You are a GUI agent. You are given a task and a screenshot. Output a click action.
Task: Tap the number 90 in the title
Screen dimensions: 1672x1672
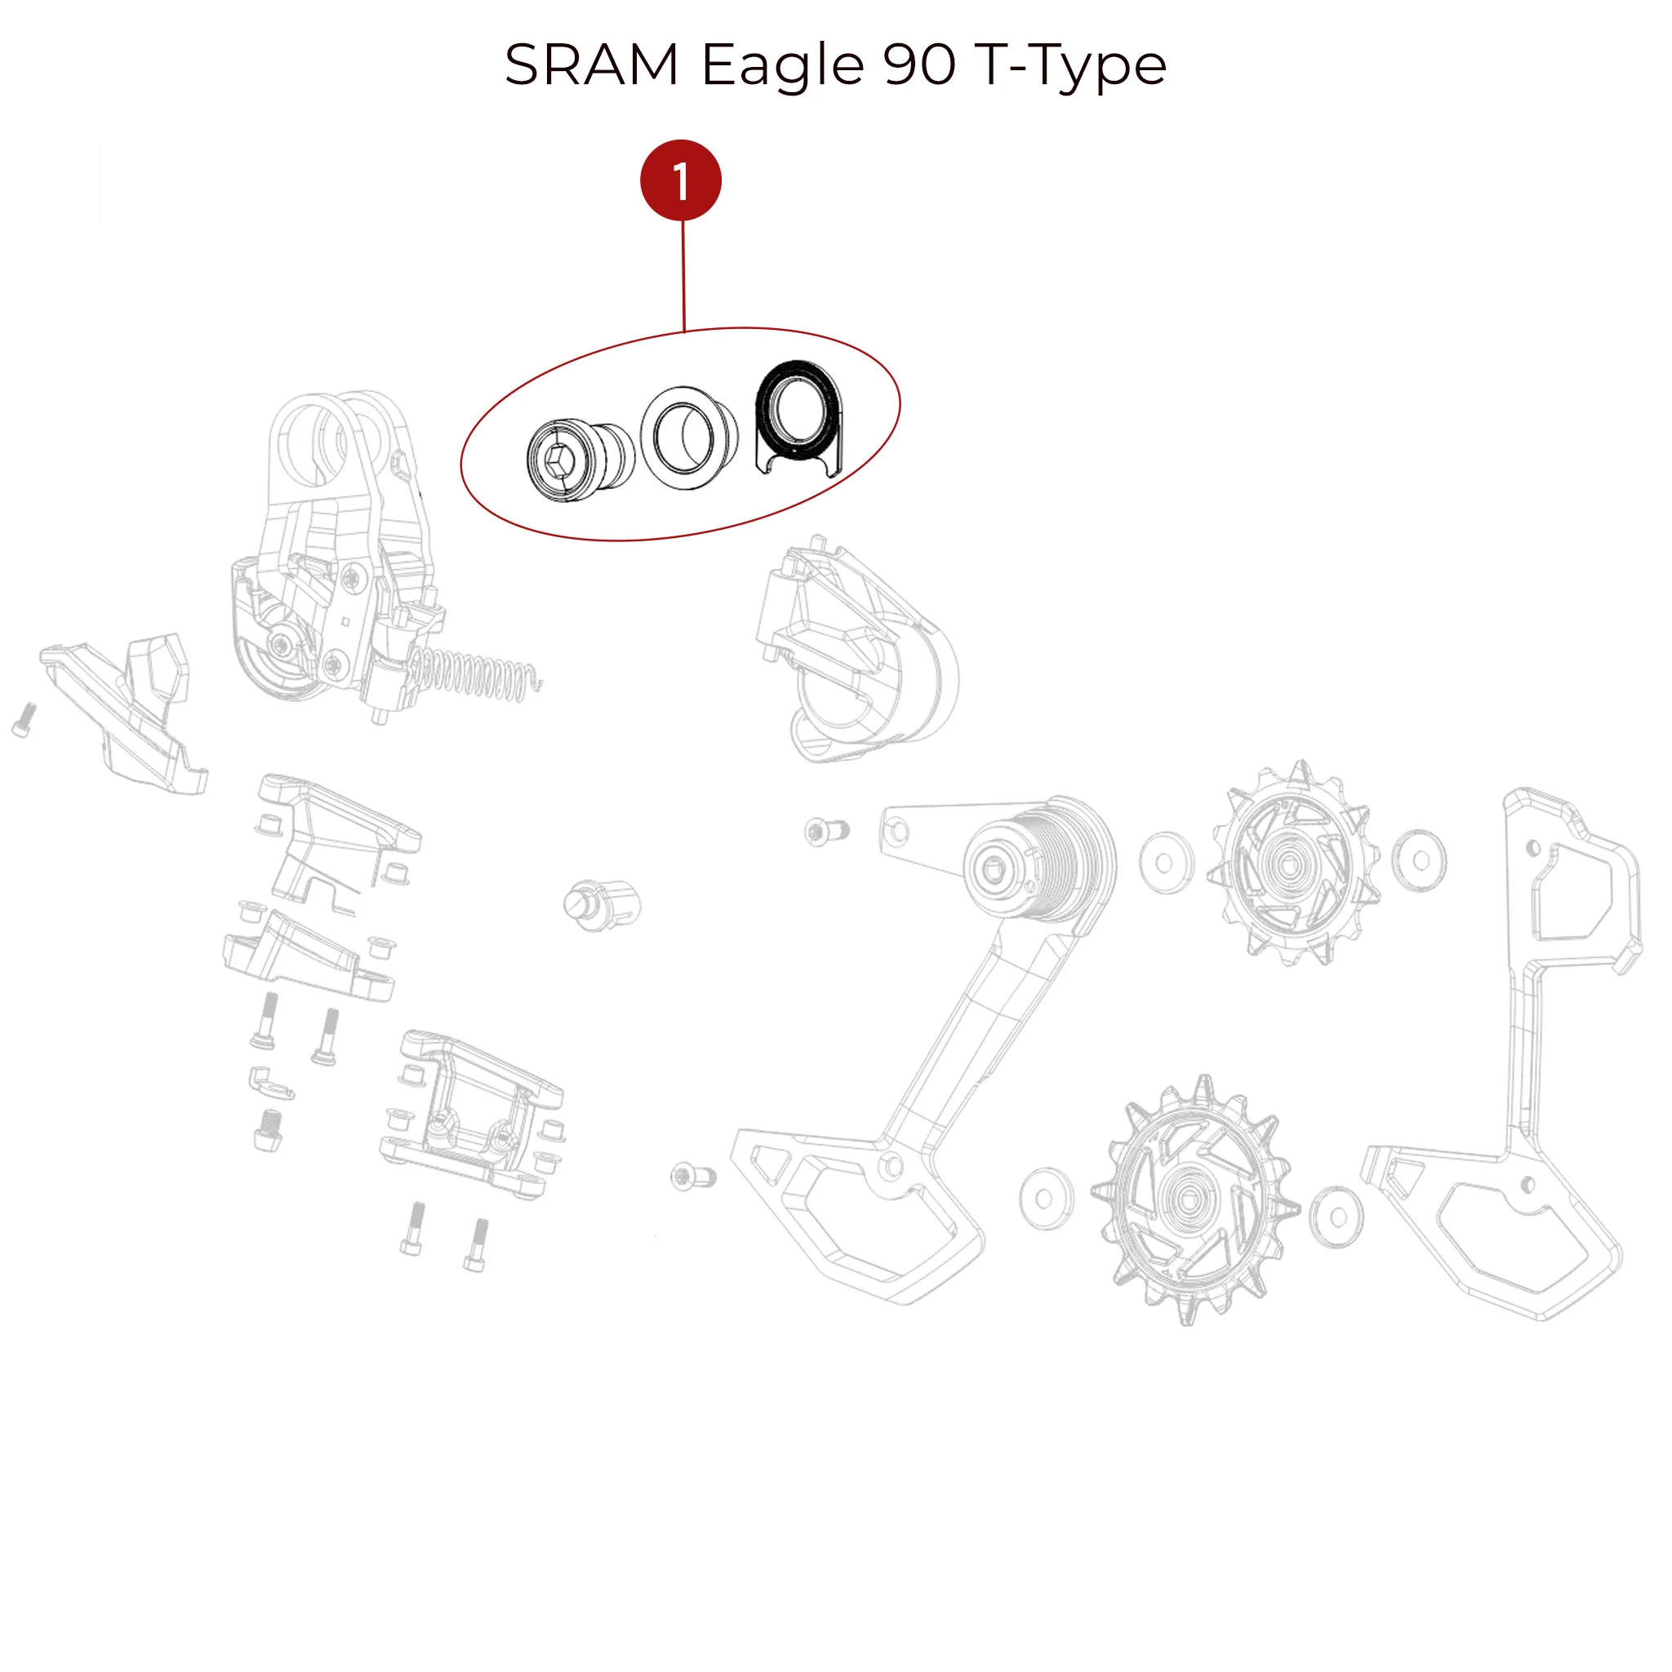coord(919,65)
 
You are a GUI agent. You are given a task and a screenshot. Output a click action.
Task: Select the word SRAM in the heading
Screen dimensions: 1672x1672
coord(592,65)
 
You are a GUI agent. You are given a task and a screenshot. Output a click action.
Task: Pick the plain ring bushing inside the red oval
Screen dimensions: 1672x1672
coord(689,438)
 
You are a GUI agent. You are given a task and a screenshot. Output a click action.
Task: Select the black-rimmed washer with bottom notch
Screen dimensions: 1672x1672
coord(797,417)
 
